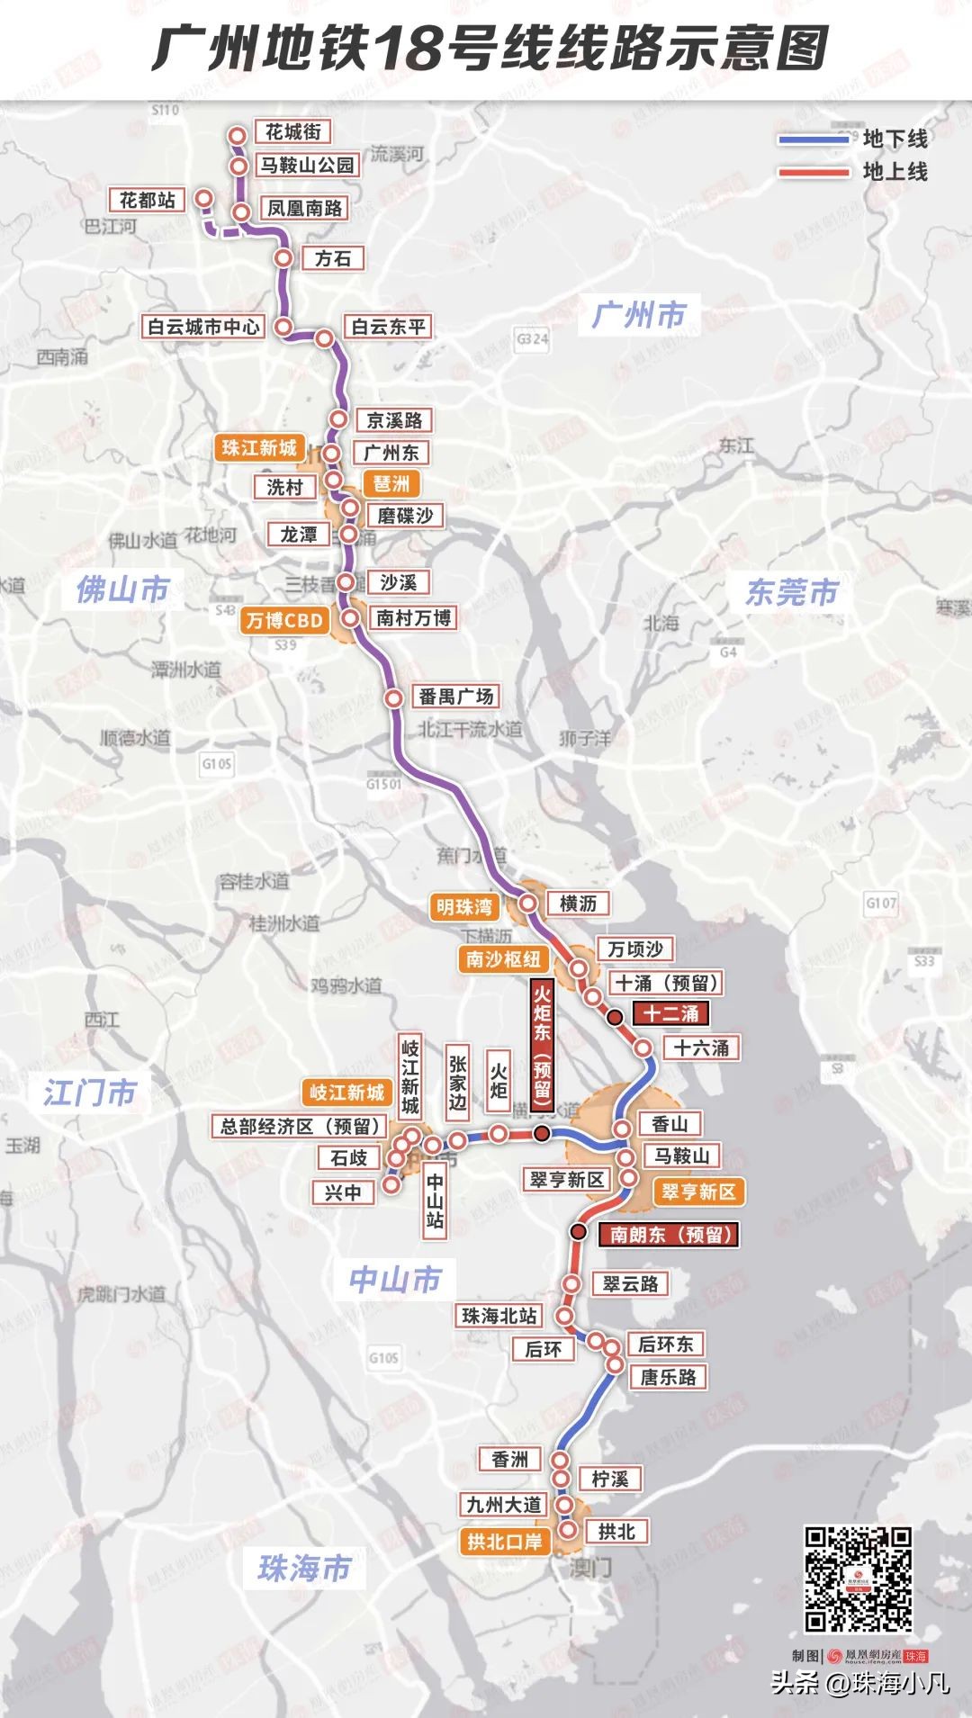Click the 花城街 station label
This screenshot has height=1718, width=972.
click(x=292, y=131)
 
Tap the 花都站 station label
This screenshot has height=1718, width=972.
click(x=148, y=199)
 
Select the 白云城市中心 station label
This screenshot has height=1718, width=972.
click(x=203, y=326)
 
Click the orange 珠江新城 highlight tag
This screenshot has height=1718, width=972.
click(x=259, y=447)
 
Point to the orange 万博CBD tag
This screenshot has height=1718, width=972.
click(x=284, y=620)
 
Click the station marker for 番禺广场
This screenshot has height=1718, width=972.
click(x=393, y=697)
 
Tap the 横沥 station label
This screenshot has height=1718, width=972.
click(x=578, y=903)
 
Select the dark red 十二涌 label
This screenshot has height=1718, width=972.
click(x=671, y=1013)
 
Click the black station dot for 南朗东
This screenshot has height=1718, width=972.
click(x=579, y=1231)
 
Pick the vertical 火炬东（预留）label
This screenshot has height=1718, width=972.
click(x=542, y=1044)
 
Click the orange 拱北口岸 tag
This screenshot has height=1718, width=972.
click(x=505, y=1542)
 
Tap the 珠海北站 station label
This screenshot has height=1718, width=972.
click(x=499, y=1315)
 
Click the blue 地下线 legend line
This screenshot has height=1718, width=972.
click(x=814, y=139)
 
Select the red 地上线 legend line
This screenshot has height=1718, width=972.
click(x=814, y=171)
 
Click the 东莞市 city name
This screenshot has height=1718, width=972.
click(x=792, y=591)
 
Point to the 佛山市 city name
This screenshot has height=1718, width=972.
click(x=122, y=589)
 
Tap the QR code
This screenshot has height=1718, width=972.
click(x=858, y=1579)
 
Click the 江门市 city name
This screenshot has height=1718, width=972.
click(x=90, y=1093)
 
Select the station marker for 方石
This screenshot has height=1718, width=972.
click(x=283, y=257)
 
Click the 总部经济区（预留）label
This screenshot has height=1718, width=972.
click(x=301, y=1126)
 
